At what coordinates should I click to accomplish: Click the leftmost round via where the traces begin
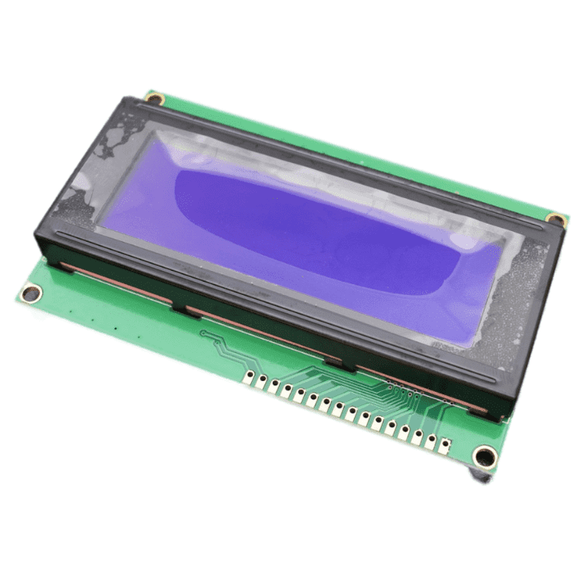tap(203, 334)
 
